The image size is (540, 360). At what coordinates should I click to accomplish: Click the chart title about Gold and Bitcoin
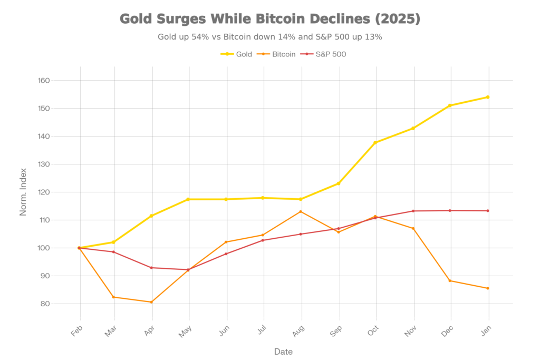coord(269,20)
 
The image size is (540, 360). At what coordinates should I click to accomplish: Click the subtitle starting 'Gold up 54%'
coord(269,37)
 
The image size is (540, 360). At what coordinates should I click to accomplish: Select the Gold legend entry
coord(236,54)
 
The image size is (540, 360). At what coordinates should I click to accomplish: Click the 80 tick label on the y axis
coord(45,304)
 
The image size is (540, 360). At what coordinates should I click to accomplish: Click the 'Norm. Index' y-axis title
coord(24,192)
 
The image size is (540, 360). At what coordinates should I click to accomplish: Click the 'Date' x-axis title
coord(284,351)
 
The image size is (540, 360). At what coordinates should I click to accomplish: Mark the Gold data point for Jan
coord(488,97)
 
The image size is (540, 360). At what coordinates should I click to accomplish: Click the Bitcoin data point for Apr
coord(152,302)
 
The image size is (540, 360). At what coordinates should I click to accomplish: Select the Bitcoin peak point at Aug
coord(301,211)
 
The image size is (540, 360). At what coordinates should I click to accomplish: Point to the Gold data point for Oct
coord(376,142)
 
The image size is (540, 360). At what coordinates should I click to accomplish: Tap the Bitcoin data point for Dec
coord(450,281)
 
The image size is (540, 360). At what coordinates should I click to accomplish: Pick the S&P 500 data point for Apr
coord(152,267)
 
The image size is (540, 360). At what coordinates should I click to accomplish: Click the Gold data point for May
coord(189,199)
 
